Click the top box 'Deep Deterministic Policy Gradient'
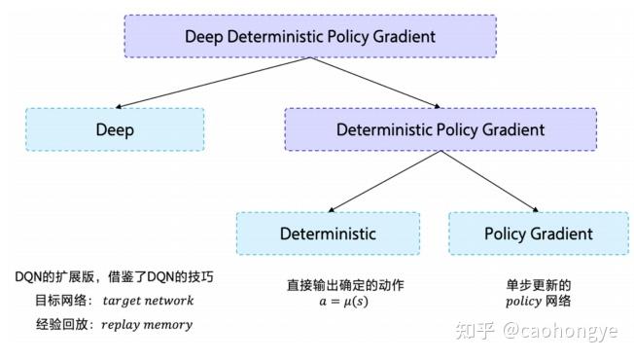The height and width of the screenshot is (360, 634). pyautogui.click(x=310, y=37)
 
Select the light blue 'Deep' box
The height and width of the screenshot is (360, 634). pyautogui.click(x=115, y=128)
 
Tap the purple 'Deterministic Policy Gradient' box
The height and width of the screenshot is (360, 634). pyautogui.click(x=440, y=128)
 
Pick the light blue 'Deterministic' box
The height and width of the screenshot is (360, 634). pyautogui.click(x=328, y=234)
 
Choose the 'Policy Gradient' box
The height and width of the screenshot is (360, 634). pyautogui.click(x=538, y=234)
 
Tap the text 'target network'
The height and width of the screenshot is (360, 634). pyautogui.click(x=148, y=301)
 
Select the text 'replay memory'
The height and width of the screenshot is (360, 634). pyautogui.click(x=147, y=324)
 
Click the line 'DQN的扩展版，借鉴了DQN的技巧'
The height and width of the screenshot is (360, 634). pyautogui.click(x=114, y=277)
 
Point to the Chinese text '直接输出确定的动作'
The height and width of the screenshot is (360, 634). pyautogui.click(x=332, y=284)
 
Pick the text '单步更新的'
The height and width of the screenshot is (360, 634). pyautogui.click(x=538, y=284)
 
